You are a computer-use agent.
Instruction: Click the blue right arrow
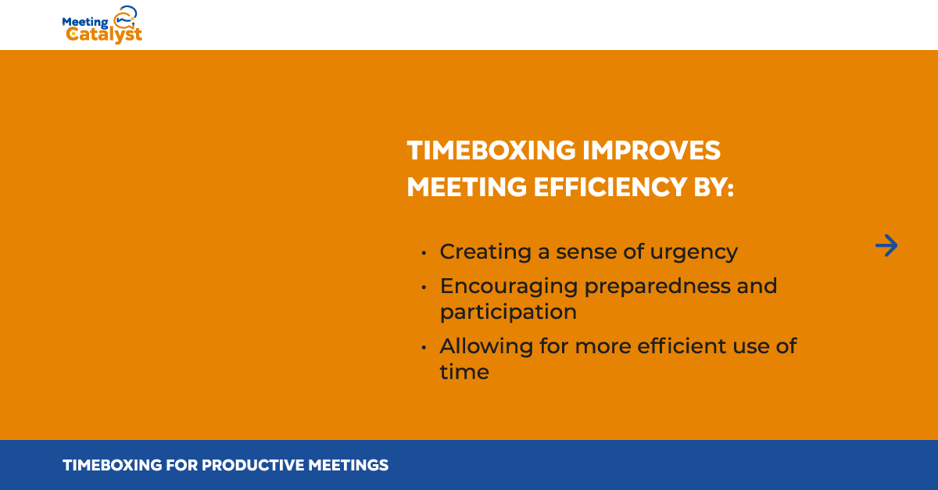pos(886,245)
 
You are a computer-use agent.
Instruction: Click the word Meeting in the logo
pos(85,22)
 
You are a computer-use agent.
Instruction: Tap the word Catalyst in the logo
pos(104,34)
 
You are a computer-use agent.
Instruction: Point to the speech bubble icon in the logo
pos(125,16)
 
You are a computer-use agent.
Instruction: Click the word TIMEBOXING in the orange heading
pos(491,150)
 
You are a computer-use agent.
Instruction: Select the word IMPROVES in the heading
pos(652,150)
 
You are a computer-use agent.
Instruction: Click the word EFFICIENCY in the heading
pos(610,187)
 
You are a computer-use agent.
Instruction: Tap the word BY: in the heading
pos(714,187)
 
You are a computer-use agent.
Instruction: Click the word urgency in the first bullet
pos(694,253)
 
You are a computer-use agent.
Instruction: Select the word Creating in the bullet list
pos(485,252)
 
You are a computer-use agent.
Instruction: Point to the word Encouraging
pos(509,288)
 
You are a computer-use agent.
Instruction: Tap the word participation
pos(508,313)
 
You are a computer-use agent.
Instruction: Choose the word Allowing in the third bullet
pos(486,347)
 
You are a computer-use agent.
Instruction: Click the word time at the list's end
pos(464,372)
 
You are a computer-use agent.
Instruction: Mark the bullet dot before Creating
pos(424,253)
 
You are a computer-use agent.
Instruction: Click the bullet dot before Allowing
pos(424,348)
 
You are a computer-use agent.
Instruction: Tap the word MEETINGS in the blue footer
pos(349,465)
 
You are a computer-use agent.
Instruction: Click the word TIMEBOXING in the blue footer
pos(113,465)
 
